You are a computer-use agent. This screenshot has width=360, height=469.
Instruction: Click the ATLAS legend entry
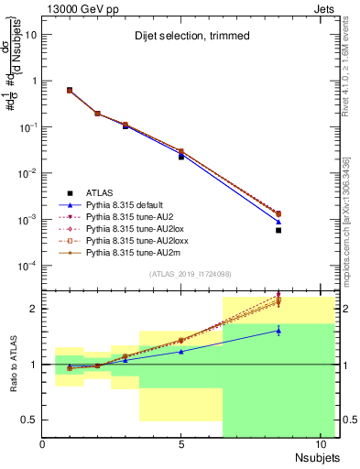[101, 192]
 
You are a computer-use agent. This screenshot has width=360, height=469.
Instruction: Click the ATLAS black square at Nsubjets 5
[181, 157]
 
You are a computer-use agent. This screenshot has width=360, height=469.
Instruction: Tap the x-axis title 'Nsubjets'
[318, 455]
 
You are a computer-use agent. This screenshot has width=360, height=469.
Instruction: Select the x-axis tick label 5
[181, 443]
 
